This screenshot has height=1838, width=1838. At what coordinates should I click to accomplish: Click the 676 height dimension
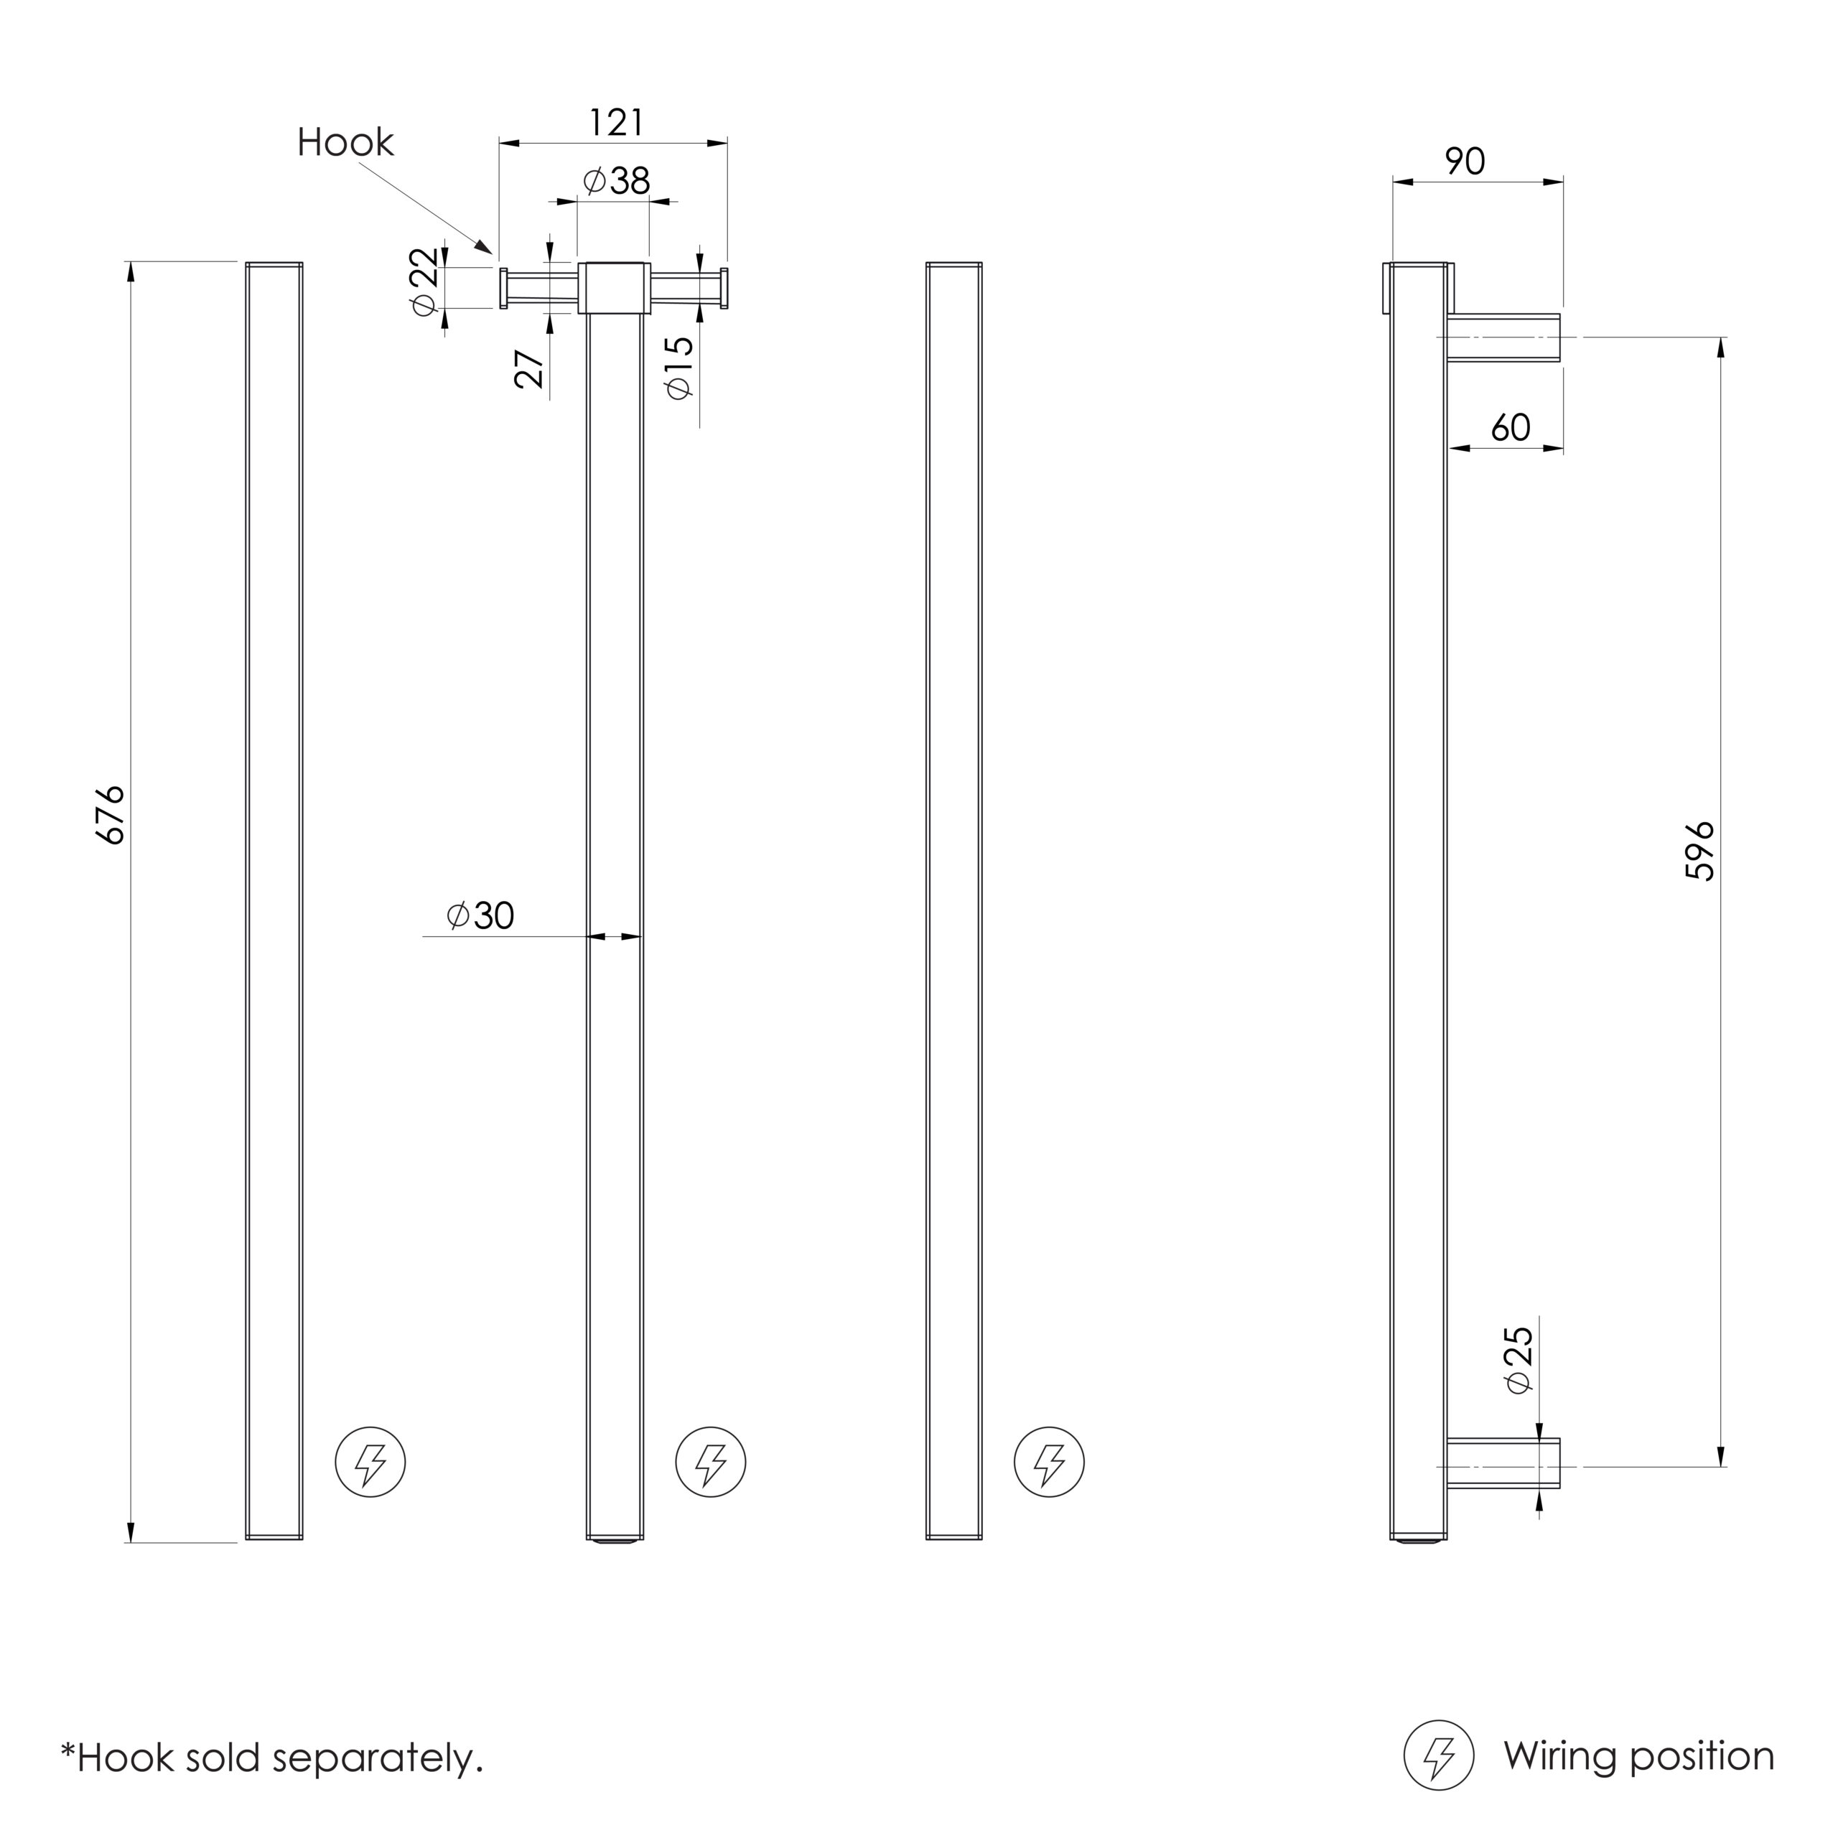pyautogui.click(x=112, y=816)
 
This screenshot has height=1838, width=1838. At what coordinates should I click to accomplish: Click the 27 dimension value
pyautogui.click(x=530, y=369)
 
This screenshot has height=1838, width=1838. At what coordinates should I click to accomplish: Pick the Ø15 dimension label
pyautogui.click(x=679, y=367)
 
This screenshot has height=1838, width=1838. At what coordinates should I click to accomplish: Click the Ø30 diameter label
pyautogui.click(x=480, y=915)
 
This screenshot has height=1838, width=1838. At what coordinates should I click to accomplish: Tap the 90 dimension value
pyautogui.click(x=1465, y=162)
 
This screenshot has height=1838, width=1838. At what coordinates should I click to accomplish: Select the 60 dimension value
pyautogui.click(x=1511, y=428)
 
